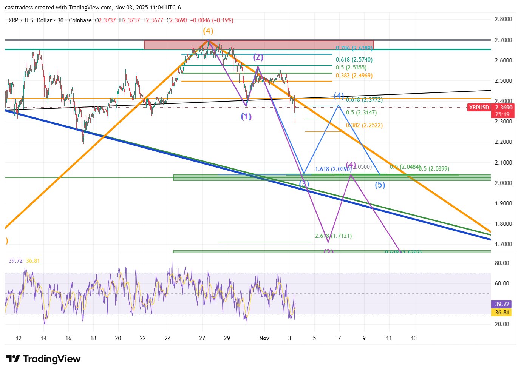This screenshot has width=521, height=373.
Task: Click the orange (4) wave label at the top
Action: pos(208,31)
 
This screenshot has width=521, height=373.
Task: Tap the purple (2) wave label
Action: pos(258,57)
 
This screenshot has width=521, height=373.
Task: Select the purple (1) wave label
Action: pos(246,117)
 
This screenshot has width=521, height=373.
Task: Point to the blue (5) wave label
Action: pos(380,185)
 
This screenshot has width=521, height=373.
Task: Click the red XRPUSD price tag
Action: pos(479,108)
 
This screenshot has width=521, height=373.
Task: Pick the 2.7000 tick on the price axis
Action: pos(503,40)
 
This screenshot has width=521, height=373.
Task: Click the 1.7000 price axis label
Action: pos(503,244)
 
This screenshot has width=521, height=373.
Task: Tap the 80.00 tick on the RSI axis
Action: pos(502,263)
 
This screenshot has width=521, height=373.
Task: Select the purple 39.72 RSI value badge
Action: pos(502,304)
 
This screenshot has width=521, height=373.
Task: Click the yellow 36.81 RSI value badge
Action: pos(502,313)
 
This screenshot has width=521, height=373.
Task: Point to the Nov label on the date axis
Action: pos(264,338)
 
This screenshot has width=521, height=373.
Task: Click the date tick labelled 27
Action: pos(202,338)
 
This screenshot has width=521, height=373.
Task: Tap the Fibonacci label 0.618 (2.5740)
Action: pos(354,60)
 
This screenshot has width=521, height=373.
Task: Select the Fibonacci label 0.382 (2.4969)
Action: pos(354,76)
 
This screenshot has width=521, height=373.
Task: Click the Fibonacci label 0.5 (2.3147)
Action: pos(361,113)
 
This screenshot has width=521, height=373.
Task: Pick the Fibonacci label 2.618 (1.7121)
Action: pos(333,236)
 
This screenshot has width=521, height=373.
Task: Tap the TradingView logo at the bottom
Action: pos(43,359)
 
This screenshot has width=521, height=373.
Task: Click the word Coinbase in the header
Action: pos(80,20)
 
